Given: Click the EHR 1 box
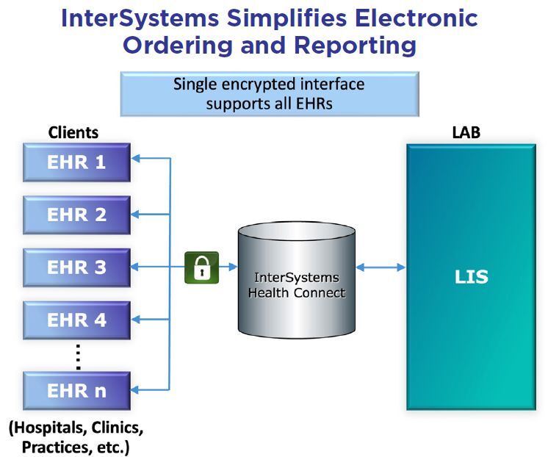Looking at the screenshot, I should coord(76,162).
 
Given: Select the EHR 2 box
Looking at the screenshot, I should coord(76,215).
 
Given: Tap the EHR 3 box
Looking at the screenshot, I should coord(76,267).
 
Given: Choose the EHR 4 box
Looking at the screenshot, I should coord(76,320).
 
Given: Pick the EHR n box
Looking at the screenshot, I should coord(76,390).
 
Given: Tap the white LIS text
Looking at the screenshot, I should coord(470,277).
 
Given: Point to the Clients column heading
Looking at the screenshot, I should coord(73,133).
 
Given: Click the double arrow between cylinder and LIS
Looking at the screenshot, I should coord(381,267).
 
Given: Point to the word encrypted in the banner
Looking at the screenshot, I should coord(250,84).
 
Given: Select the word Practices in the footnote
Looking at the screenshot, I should coord(52,446).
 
